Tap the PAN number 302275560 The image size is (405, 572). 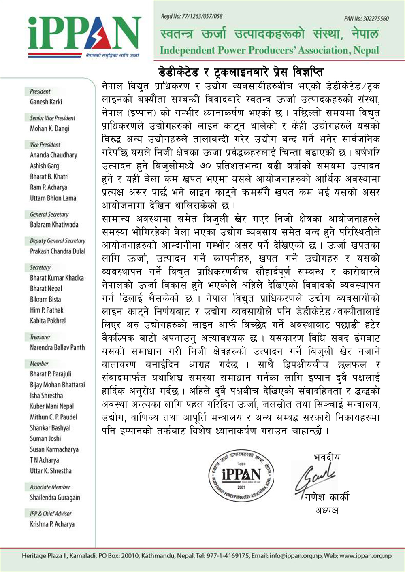tap(366, 19)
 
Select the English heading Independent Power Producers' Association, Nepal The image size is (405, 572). tap(269, 51)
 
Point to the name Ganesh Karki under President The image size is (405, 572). tap(46, 102)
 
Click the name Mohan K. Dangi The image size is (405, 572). tap(49, 129)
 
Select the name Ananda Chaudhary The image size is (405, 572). tap(53, 155)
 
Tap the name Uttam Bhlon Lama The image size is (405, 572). tap(53, 198)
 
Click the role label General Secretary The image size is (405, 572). tap(49, 214)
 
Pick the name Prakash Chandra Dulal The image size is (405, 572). tap(58, 251)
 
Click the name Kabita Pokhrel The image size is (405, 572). tap(47, 321)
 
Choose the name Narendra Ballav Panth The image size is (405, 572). tap(57, 347)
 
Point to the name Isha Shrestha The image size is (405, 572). tap(46, 396)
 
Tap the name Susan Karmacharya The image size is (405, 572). tap(54, 449)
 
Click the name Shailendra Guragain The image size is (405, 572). tap(55, 498)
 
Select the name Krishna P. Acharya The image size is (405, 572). tap(52, 524)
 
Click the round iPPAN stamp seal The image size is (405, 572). tap(241, 475)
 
